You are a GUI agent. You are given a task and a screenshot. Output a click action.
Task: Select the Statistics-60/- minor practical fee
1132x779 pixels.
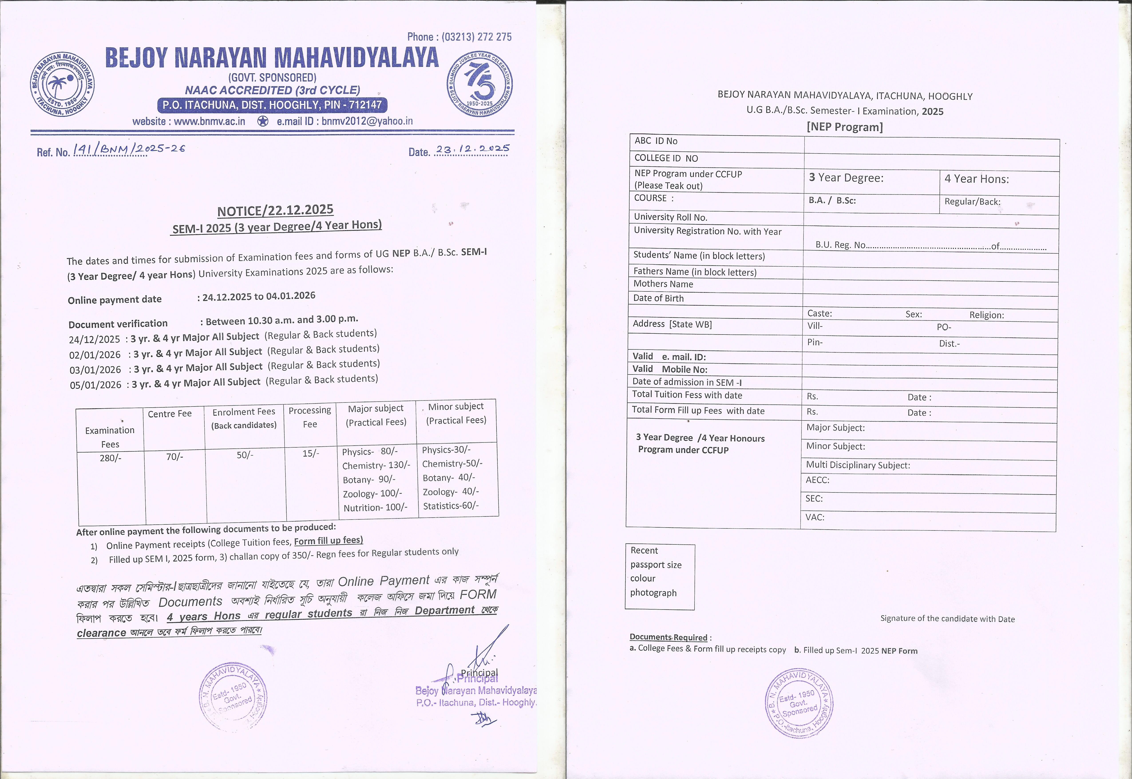pos(451,506)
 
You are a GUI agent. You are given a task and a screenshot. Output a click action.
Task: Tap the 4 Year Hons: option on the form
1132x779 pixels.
pos(976,179)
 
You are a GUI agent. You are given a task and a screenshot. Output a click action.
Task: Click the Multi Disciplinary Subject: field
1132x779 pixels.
pos(858,465)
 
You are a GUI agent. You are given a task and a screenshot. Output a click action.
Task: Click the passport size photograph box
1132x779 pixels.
pos(659,576)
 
